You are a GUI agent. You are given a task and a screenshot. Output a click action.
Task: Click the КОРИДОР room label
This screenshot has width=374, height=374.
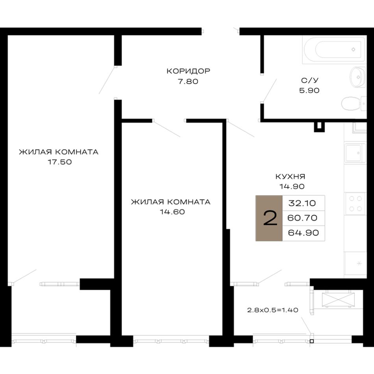pyautogui.click(x=188, y=71)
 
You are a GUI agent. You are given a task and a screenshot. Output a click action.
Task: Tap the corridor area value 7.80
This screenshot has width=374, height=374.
pyautogui.click(x=188, y=81)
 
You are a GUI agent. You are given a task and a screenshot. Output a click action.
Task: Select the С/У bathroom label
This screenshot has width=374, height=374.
pyautogui.click(x=309, y=80)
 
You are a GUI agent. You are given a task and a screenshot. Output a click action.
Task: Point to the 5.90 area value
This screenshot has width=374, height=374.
pyautogui.click(x=309, y=91)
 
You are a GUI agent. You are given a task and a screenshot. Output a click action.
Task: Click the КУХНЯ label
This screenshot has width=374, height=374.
pyautogui.click(x=290, y=176)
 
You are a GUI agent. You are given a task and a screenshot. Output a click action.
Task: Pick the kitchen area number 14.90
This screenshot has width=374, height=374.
pyautogui.click(x=292, y=186)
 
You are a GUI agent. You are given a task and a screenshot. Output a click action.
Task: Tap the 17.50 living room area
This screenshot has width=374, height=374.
pyautogui.click(x=59, y=162)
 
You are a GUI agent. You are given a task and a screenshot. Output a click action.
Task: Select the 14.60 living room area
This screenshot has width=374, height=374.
pyautogui.click(x=172, y=212)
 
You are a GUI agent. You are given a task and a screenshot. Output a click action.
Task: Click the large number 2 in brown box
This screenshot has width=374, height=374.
pyautogui.click(x=270, y=218)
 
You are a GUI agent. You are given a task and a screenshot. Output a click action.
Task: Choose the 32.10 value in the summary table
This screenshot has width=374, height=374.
pyautogui.click(x=302, y=203)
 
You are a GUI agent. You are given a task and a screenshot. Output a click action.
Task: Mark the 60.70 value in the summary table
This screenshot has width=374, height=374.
pyautogui.click(x=302, y=218)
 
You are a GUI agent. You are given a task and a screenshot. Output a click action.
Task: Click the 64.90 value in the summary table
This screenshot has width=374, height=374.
pyautogui.click(x=303, y=233)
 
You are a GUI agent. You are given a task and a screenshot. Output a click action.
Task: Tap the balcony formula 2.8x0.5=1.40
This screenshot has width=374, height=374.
pyautogui.click(x=273, y=310)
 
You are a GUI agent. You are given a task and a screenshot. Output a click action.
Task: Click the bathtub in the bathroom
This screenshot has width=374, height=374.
pyautogui.click(x=334, y=50)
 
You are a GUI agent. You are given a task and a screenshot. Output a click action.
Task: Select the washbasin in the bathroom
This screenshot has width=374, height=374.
pyautogui.click(x=357, y=77)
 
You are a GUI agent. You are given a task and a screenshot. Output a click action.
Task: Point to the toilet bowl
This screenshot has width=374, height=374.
pyautogui.click(x=354, y=104)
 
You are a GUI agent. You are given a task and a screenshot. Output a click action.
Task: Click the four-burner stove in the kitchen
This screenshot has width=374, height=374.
pyautogui.click(x=355, y=204)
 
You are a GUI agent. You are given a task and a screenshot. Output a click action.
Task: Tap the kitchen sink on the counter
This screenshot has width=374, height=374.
pyautogui.click(x=355, y=153)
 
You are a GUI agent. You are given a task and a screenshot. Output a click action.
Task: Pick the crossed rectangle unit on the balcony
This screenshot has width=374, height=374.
pyautogui.click(x=338, y=300)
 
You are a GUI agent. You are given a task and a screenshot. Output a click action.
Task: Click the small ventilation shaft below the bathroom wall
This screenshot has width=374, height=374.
pyautogui.click(x=319, y=127)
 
